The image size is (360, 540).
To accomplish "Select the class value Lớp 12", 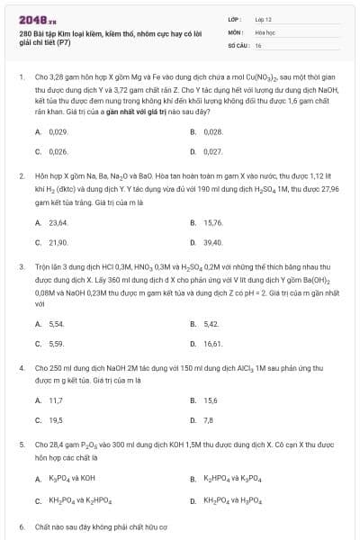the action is [263, 18].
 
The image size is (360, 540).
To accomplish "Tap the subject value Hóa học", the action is [266, 31].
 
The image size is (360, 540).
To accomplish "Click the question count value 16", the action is [258, 44].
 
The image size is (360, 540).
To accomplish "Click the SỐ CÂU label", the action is [238, 44].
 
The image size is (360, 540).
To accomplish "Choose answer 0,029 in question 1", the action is [58, 131].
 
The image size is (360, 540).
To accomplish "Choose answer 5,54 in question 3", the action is [56, 323].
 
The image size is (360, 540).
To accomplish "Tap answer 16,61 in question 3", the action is [212, 343].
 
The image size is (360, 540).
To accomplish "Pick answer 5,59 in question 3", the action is [56, 343].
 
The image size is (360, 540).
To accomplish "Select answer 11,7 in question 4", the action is [56, 400].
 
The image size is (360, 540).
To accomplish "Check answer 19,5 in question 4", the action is [56, 419].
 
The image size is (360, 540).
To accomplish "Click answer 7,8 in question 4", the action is [209, 419].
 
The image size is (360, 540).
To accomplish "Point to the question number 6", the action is [22, 525].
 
